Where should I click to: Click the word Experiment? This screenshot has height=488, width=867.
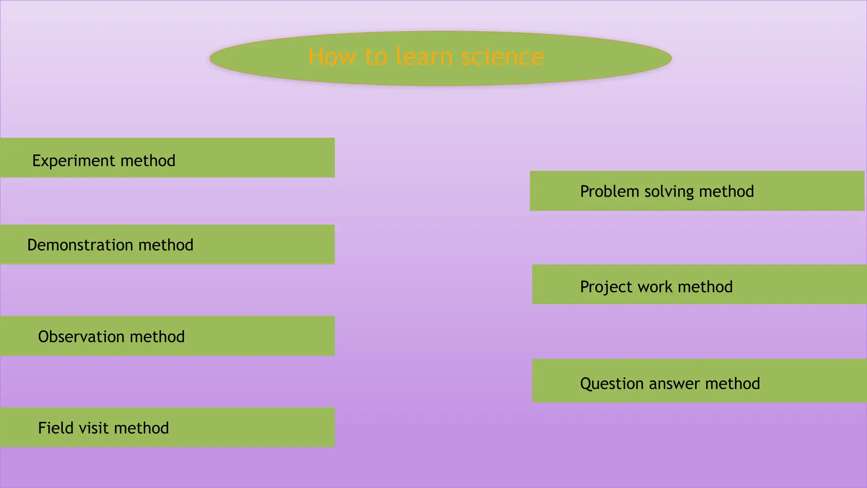coord(74,161)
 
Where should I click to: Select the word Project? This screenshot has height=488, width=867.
coord(606,287)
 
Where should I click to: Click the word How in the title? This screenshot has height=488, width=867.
coord(332,57)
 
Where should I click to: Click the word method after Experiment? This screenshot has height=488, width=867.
coord(148,161)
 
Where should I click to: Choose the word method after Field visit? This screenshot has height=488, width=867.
coord(141,428)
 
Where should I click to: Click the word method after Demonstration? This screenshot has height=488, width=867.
coord(166,245)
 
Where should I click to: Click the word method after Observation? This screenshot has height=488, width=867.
coord(157,337)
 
